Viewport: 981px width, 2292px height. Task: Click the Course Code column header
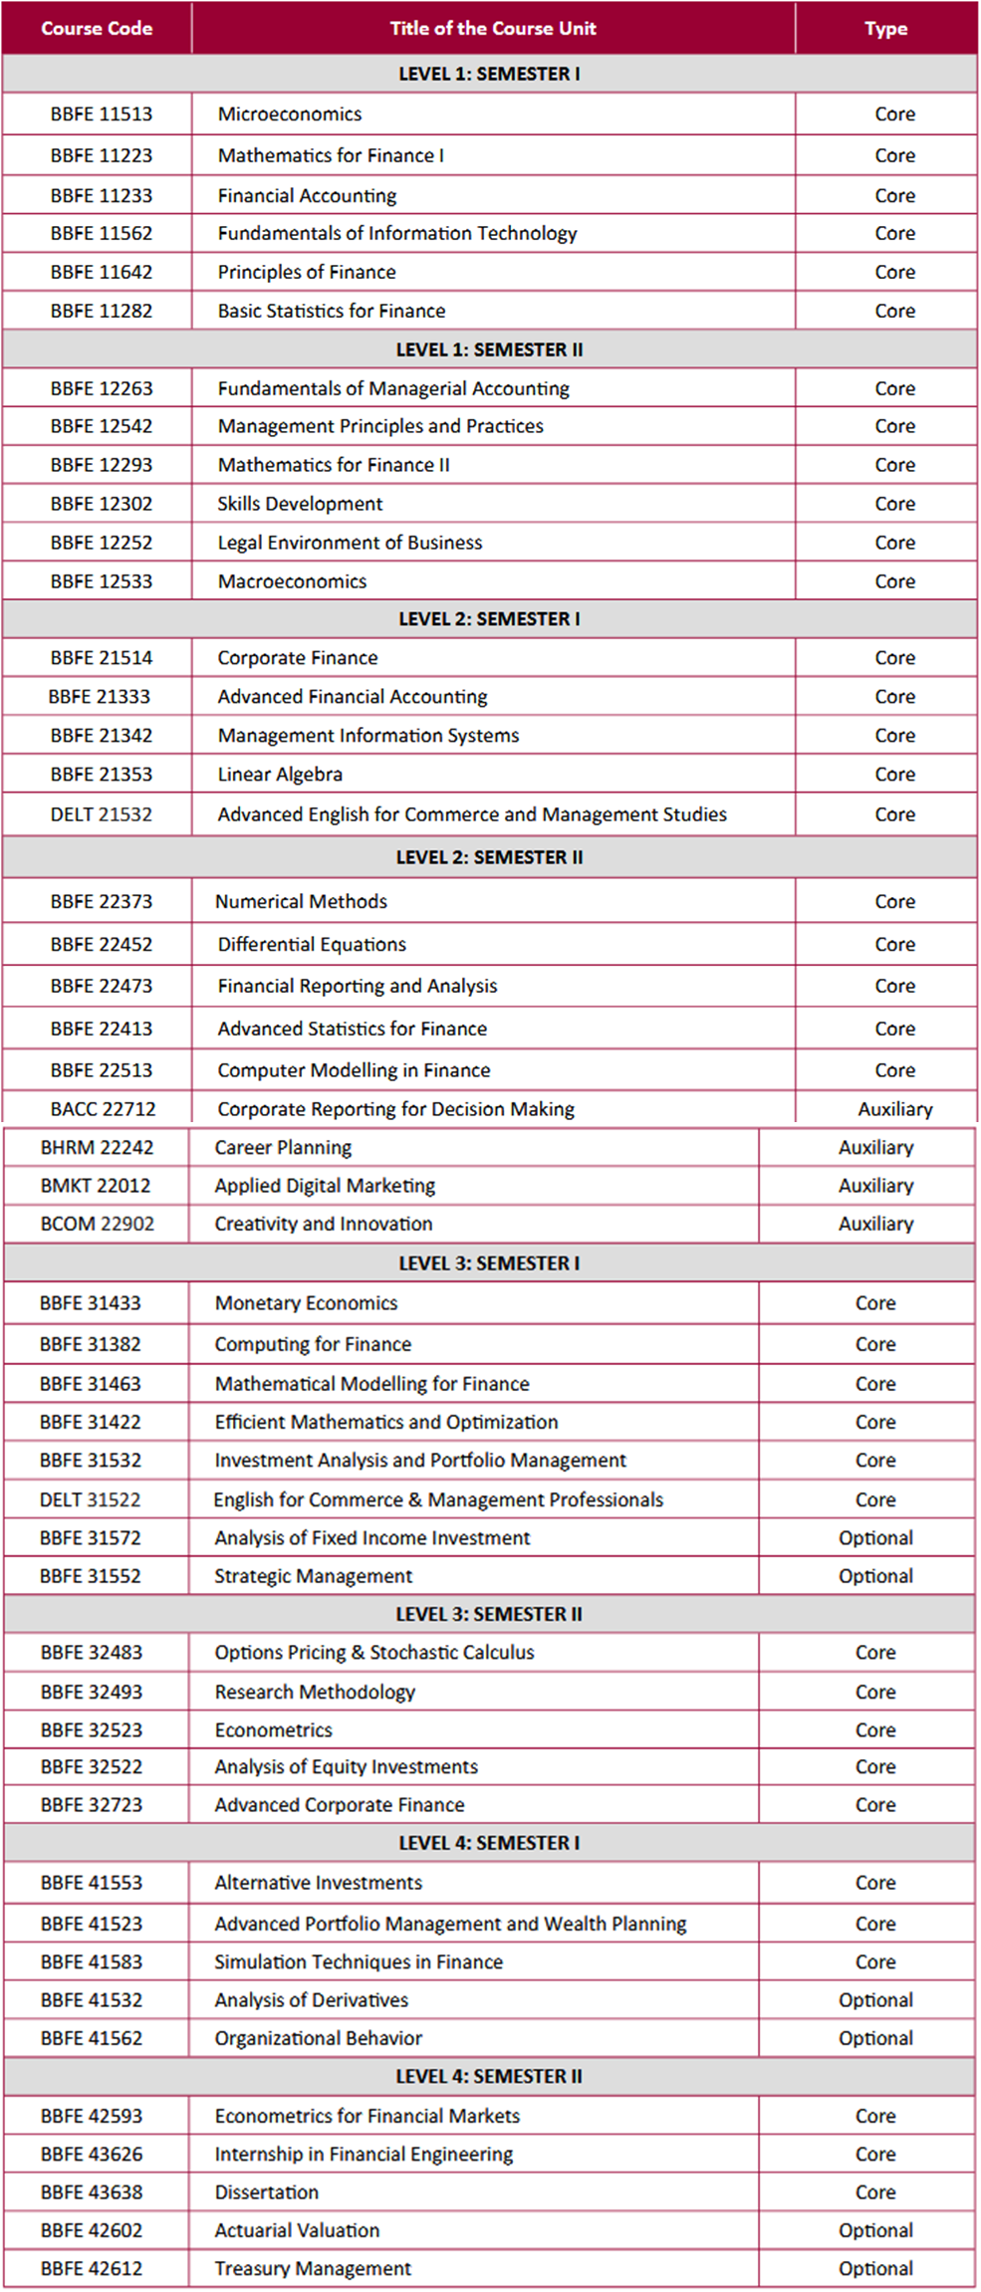(97, 28)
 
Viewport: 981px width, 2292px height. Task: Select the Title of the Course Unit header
(492, 28)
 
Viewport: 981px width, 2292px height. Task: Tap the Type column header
(885, 29)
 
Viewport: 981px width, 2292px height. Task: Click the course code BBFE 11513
(102, 115)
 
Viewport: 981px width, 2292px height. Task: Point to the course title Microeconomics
(290, 115)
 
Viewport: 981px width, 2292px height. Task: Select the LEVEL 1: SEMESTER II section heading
(489, 349)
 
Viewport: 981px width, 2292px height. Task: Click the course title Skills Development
(300, 504)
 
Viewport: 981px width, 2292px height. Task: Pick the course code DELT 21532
(102, 814)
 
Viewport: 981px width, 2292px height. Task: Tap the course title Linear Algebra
(280, 775)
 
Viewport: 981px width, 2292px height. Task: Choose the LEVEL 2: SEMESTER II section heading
(489, 857)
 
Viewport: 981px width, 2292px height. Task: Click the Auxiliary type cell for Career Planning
(875, 1147)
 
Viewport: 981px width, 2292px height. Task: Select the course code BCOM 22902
(98, 1224)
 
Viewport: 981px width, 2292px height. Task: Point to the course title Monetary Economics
(306, 1303)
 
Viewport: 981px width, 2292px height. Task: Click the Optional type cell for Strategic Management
(875, 1576)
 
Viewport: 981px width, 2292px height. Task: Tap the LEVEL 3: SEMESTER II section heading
(489, 1614)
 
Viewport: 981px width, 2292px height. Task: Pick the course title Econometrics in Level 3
(274, 1729)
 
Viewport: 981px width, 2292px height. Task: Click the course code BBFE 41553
(92, 1883)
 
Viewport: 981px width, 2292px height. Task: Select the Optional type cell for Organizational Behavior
(875, 2038)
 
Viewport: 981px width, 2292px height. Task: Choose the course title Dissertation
(267, 2192)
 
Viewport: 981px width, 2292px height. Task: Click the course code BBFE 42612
(92, 2269)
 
